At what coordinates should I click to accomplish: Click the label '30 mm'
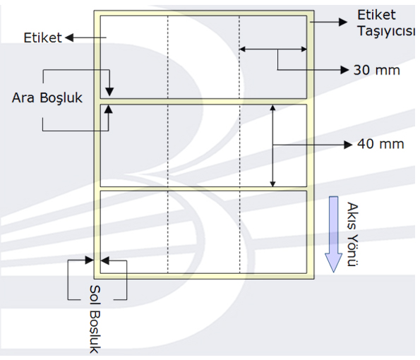coord(377,70)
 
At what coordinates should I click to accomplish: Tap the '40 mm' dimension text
coord(380,144)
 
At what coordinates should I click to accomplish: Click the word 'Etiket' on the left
coord(43,38)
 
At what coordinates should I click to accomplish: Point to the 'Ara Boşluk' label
coord(47,98)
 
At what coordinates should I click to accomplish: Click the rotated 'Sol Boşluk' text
coord(95,319)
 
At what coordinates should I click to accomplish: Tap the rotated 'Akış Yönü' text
coord(352,234)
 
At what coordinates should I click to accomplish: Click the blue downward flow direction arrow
coord(333,234)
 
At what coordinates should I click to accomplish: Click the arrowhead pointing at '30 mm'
coord(344,70)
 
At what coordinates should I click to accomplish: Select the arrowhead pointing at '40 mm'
coord(348,145)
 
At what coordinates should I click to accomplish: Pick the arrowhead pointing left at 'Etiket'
coord(69,38)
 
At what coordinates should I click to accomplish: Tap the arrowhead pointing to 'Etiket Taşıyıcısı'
coord(343,22)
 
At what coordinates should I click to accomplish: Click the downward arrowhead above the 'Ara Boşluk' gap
coord(109,92)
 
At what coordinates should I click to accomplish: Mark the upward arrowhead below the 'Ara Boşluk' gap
coord(109,109)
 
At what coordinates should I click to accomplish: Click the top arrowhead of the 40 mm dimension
coord(272,108)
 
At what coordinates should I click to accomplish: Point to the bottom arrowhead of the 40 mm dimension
coord(272,184)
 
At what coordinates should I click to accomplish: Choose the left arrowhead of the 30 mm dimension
coord(242,49)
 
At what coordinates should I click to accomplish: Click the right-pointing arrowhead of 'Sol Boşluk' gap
coord(89,260)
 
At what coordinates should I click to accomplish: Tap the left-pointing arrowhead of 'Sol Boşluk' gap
coord(105,260)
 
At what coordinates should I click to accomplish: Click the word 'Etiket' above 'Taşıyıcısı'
coord(376,15)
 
